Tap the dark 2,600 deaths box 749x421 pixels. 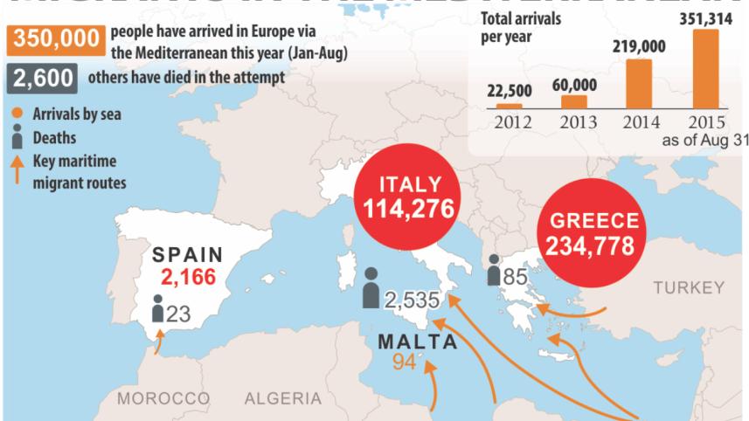tap(41, 79)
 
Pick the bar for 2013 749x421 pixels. tap(574, 102)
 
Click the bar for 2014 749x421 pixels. tap(640, 84)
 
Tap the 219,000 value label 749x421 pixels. tap(640, 47)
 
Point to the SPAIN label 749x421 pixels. tap(190, 256)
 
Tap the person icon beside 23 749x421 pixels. tap(157, 309)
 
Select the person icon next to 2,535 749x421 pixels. tap(371, 294)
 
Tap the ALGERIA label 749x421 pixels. tap(282, 399)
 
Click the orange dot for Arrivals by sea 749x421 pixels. tap(18, 113)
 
